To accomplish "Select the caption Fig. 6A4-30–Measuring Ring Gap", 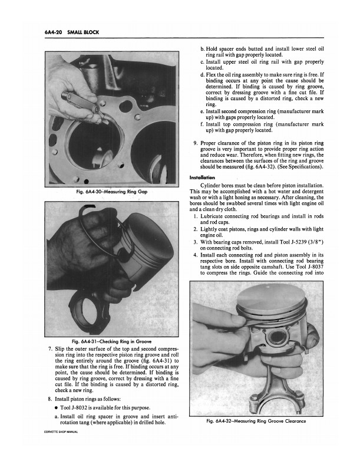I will [111, 190].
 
